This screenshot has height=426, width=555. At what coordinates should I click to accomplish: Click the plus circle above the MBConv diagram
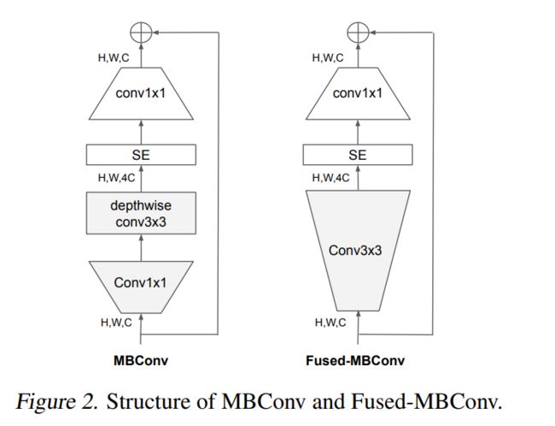click(x=141, y=32)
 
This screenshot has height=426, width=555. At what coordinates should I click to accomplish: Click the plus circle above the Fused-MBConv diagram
click(x=358, y=32)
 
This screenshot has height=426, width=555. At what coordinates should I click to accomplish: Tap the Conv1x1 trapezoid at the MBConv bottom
click(x=141, y=283)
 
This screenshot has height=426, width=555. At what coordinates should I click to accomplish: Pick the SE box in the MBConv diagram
click(x=141, y=155)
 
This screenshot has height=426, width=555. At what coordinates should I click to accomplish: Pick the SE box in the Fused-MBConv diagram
click(x=358, y=155)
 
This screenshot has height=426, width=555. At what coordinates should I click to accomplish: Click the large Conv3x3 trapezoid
click(x=358, y=252)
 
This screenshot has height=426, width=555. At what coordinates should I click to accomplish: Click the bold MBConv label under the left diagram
click(x=141, y=360)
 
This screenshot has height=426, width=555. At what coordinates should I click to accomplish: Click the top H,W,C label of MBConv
click(x=112, y=58)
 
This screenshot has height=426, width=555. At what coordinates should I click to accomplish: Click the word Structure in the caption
click(x=140, y=402)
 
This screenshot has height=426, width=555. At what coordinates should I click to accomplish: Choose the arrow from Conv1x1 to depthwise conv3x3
click(x=141, y=249)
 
